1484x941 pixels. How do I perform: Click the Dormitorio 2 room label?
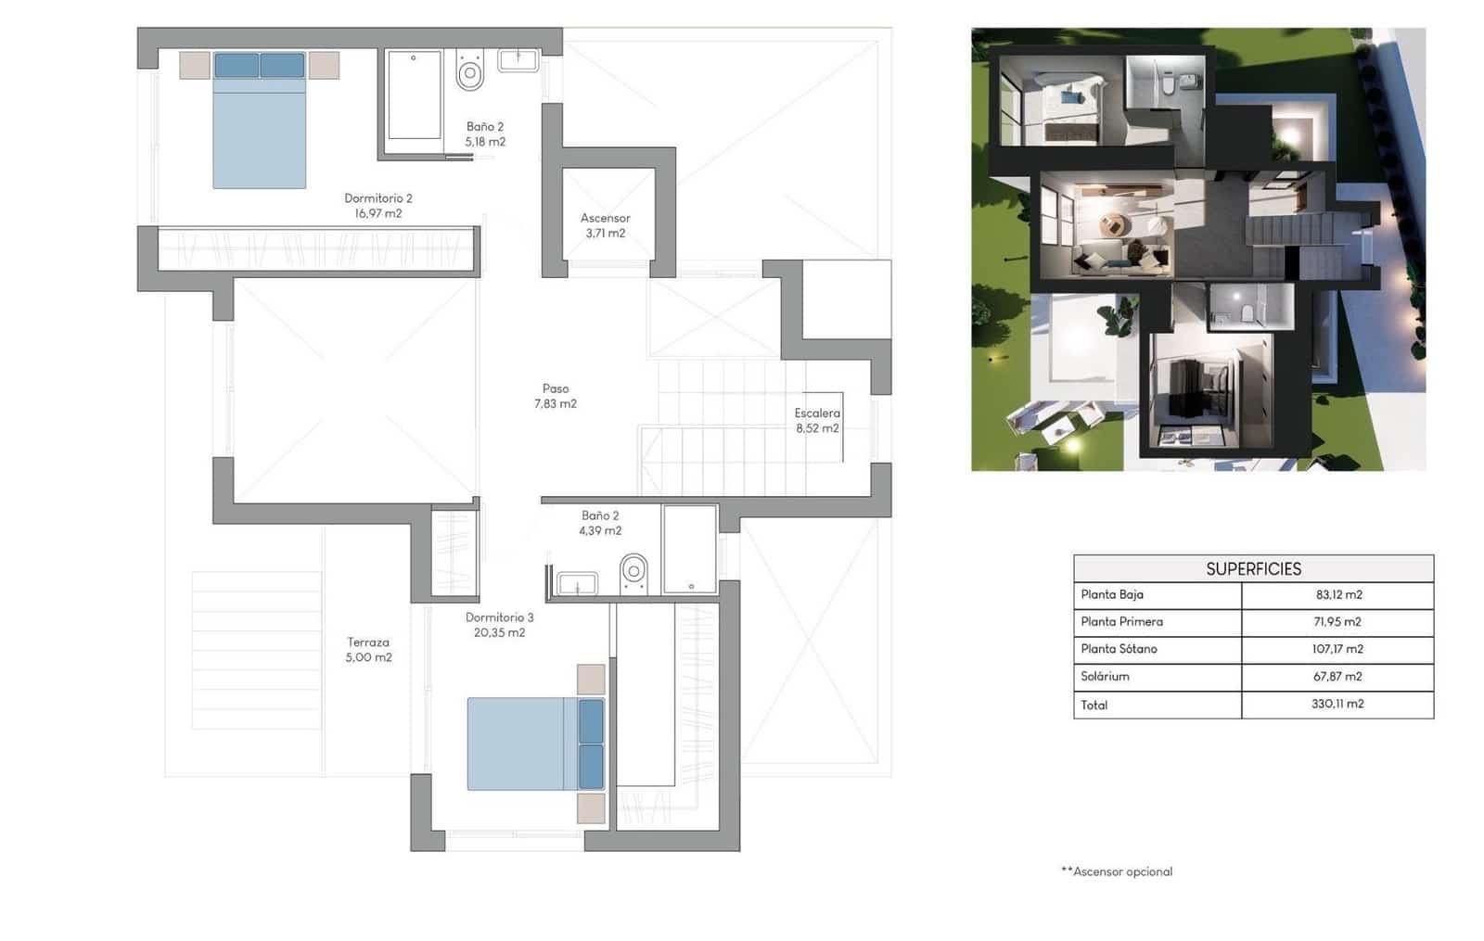[377, 205]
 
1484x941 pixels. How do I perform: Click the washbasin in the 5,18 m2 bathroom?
[518, 60]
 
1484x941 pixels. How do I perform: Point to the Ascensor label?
[605, 225]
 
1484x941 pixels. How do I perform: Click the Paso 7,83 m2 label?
[555, 396]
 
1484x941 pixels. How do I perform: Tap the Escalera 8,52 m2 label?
[816, 420]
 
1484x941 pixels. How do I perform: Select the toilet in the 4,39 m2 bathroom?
[633, 571]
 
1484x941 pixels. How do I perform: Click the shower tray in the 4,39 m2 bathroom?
[690, 549]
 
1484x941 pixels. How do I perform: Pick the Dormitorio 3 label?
[499, 624]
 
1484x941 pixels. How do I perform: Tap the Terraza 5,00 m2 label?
[368, 649]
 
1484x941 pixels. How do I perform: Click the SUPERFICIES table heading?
[1253, 568]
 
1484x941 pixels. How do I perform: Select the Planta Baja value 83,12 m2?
[1337, 595]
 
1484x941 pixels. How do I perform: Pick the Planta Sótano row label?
[1119, 649]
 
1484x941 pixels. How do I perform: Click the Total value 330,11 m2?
[1337, 704]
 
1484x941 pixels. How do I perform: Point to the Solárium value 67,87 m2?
[1337, 677]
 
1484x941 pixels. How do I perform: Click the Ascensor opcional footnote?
[1117, 871]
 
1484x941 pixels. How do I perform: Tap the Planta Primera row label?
[1121, 622]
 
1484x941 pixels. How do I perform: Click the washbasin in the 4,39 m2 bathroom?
[577, 583]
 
